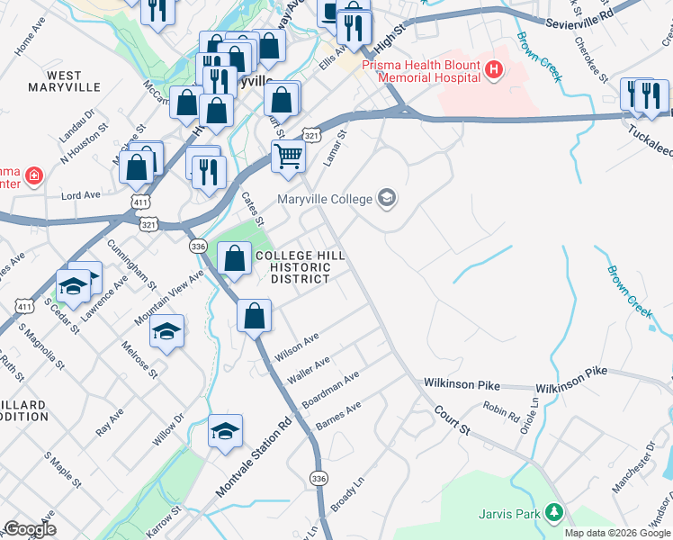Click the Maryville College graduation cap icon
click(x=387, y=198)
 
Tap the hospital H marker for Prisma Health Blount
click(x=492, y=68)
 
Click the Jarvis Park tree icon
click(x=555, y=514)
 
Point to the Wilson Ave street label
click(x=298, y=346)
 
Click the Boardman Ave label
click(x=331, y=388)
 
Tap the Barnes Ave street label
click(x=338, y=414)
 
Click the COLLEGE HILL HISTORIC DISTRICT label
click(x=300, y=267)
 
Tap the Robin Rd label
click(x=500, y=411)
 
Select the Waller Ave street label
click(x=309, y=371)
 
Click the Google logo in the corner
click(x=30, y=529)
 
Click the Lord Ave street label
click(x=81, y=195)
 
